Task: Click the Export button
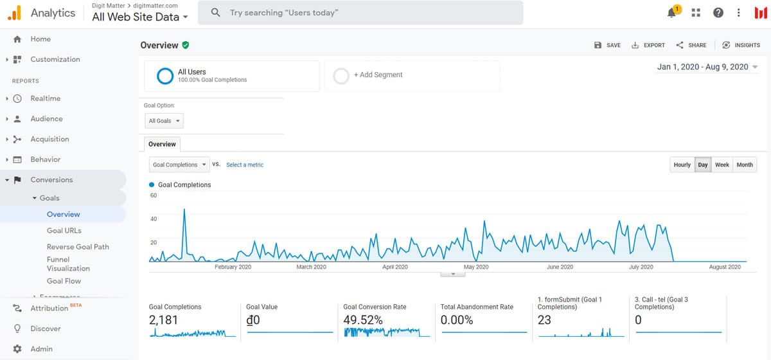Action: (x=648, y=45)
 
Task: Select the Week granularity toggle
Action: (x=722, y=165)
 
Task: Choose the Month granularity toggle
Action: (x=745, y=165)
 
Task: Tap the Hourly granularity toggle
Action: (x=682, y=165)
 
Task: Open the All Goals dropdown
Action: (x=164, y=121)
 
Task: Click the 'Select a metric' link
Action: (x=245, y=165)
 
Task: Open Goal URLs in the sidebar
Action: (x=64, y=231)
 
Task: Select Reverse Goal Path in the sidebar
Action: (x=78, y=247)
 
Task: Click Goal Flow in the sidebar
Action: (x=64, y=281)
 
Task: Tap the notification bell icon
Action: (x=671, y=13)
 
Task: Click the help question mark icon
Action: (x=718, y=13)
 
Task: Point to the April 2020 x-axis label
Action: (x=394, y=267)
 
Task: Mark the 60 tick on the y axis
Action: (x=154, y=195)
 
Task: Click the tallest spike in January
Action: (x=184, y=209)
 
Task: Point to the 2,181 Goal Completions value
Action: (x=163, y=320)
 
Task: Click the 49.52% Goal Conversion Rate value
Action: (x=363, y=320)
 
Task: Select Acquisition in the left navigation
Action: (x=49, y=139)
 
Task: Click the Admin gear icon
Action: (x=17, y=348)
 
